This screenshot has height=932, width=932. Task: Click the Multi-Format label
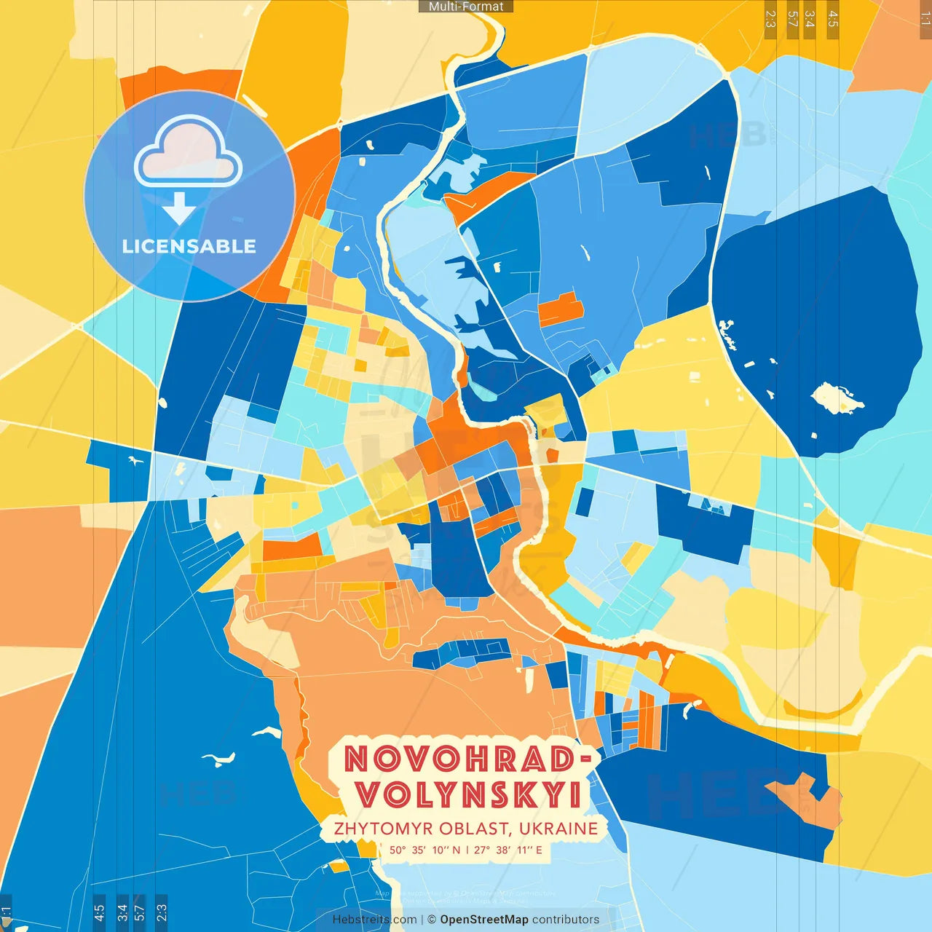click(466, 7)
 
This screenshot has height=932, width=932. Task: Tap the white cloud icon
click(188, 151)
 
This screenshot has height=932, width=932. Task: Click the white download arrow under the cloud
click(178, 208)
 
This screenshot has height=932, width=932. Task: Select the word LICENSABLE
click(189, 246)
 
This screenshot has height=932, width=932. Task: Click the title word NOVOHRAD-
click(466, 759)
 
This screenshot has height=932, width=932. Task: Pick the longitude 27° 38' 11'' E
click(508, 850)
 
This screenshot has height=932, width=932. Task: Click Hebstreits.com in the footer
click(374, 920)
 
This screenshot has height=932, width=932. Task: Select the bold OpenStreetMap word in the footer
click(484, 920)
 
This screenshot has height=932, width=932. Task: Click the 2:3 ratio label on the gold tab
click(770, 19)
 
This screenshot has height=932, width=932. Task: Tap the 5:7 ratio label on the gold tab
click(792, 19)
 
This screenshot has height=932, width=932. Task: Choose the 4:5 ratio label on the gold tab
click(833, 19)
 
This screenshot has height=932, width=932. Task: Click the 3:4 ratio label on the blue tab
click(122, 912)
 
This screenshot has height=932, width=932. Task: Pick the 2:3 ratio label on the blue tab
click(162, 912)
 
